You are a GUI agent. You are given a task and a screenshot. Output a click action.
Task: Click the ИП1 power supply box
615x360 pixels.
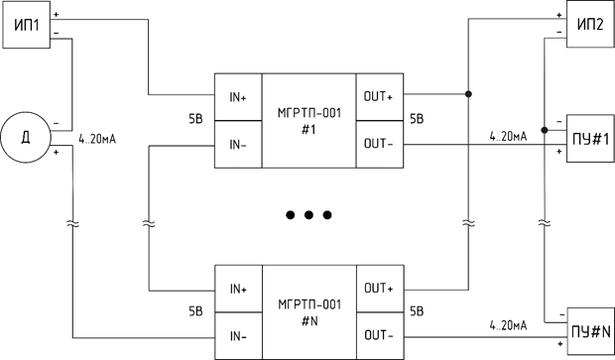click(x=26, y=25)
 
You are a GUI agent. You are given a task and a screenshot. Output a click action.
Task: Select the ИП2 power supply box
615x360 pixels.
click(x=590, y=25)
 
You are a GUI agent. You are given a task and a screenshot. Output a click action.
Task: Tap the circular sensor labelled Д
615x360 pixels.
click(x=26, y=137)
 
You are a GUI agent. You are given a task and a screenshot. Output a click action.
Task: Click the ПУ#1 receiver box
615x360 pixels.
click(x=590, y=139)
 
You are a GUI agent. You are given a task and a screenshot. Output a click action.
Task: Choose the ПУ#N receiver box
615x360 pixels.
click(x=590, y=331)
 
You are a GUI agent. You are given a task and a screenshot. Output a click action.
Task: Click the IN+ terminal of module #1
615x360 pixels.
click(x=238, y=97)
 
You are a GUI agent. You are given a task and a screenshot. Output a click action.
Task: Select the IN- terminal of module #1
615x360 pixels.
click(x=238, y=145)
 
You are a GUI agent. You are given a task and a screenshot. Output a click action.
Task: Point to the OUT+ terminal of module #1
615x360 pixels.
click(x=379, y=97)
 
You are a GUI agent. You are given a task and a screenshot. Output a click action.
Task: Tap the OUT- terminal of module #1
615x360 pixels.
click(x=379, y=145)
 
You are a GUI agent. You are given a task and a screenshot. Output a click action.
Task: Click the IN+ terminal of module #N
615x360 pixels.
click(x=238, y=289)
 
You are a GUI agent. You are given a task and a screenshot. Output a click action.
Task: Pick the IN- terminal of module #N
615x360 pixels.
click(x=238, y=336)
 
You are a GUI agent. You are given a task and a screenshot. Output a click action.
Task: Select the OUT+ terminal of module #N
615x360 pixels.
click(x=380, y=289)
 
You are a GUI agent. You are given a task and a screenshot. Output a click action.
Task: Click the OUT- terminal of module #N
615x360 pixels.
click(x=380, y=336)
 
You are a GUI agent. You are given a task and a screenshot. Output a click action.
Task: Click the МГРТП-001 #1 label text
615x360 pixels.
click(x=309, y=121)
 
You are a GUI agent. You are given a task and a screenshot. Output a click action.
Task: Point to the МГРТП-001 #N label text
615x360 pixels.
click(x=309, y=313)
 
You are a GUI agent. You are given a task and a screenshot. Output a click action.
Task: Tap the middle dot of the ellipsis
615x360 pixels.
click(x=308, y=215)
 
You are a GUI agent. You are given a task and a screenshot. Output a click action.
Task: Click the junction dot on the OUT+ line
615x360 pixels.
click(x=468, y=94)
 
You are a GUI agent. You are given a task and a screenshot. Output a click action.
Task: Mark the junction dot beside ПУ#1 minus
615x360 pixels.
click(x=545, y=130)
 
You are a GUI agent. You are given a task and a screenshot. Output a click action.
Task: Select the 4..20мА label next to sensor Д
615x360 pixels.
click(x=97, y=139)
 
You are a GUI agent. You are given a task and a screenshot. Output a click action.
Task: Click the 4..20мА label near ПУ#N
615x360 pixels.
click(x=508, y=325)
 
